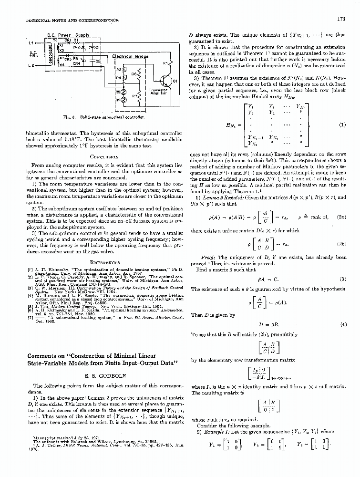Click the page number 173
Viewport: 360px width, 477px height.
point(341,20)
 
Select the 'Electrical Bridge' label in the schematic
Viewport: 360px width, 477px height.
point(130,56)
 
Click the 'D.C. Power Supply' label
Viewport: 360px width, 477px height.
point(69,35)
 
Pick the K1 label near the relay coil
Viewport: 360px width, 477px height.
point(166,63)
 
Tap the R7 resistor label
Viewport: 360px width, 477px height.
point(134,96)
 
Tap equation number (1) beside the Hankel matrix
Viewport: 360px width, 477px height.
point(342,125)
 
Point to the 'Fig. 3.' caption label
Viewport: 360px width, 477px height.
point(75,116)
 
